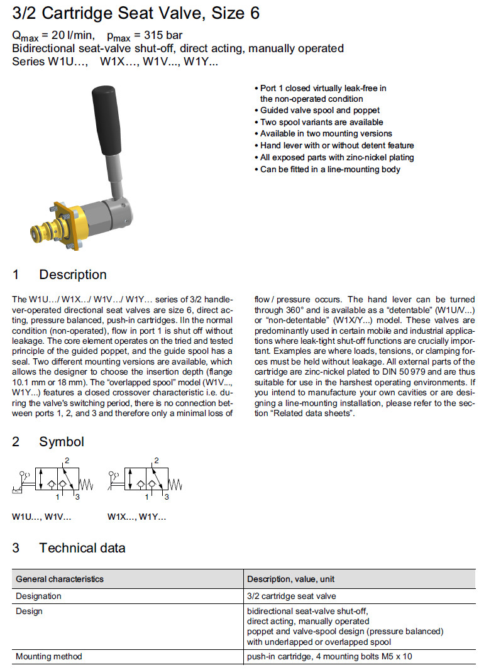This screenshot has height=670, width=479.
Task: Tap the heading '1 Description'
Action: [60, 275]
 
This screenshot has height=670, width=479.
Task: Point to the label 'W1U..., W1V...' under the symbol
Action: [41, 517]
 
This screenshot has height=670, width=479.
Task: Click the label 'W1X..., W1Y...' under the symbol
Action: [136, 517]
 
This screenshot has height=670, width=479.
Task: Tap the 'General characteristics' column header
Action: [60, 578]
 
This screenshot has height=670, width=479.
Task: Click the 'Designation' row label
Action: [38, 596]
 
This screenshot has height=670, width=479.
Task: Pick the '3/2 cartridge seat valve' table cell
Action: [291, 596]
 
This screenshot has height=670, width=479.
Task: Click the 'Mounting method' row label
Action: [49, 657]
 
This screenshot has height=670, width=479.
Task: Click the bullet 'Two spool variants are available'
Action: [321, 122]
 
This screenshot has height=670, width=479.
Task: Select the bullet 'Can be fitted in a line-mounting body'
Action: [330, 170]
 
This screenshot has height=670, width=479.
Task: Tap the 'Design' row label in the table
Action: [29, 611]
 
